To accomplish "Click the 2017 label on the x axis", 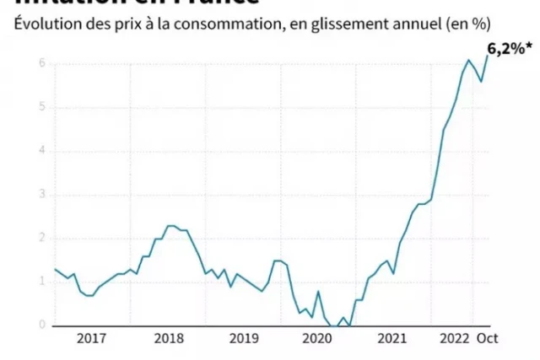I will point(92,339).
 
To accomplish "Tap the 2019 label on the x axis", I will point(244,339).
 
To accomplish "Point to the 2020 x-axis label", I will point(319,339).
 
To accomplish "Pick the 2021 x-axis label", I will point(394,339).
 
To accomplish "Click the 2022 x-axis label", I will point(455,339).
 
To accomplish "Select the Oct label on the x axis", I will point(489,339).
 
